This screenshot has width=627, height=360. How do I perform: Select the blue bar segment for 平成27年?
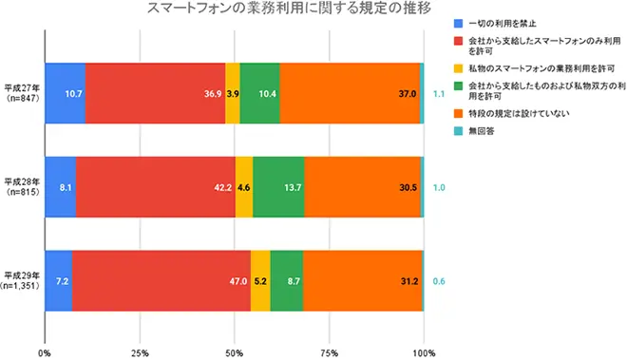coord(65,94)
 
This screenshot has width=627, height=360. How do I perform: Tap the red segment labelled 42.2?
coord(155,187)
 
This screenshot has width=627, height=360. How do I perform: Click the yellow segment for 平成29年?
coord(260,280)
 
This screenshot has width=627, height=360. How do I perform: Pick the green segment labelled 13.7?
coord(278,187)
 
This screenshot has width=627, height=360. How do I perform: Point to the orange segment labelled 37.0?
coord(350,94)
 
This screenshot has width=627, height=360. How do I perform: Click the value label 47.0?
coord(237,281)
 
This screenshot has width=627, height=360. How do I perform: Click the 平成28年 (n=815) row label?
coord(21,186)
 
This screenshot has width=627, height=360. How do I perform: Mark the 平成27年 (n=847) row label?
coord(21,92)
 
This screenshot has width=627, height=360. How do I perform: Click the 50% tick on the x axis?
coord(234,352)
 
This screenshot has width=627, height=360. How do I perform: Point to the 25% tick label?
coord(139,352)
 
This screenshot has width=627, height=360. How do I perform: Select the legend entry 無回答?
coord(481,130)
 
